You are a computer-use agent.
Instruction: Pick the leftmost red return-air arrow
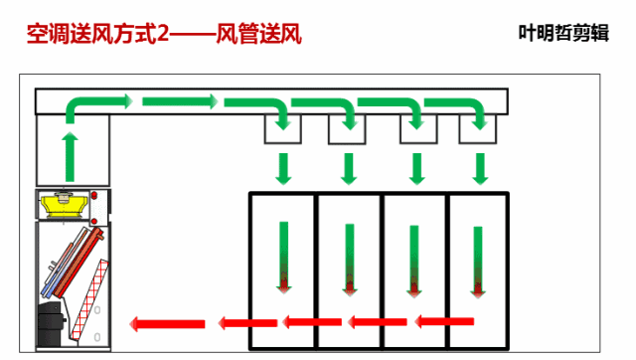(167, 323)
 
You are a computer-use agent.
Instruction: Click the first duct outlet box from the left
(283, 128)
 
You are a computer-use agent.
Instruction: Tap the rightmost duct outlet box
(479, 128)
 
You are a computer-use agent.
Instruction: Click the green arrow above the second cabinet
(348, 168)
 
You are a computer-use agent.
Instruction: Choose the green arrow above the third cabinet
(414, 168)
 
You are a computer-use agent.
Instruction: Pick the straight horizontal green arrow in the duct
(179, 100)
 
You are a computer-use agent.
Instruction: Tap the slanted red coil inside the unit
(77, 258)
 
